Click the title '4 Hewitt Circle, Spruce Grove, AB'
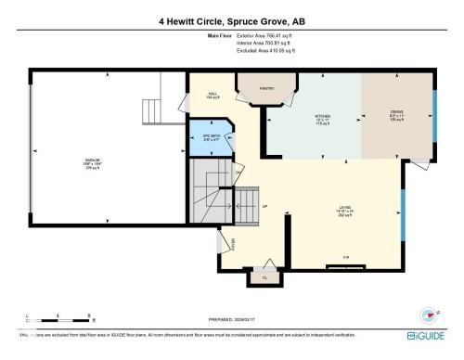pyautogui.click(x=231, y=19)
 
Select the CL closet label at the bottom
pyautogui.click(x=264, y=277)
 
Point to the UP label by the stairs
pyautogui.click(x=264, y=206)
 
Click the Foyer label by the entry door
pyautogui.click(x=234, y=245)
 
